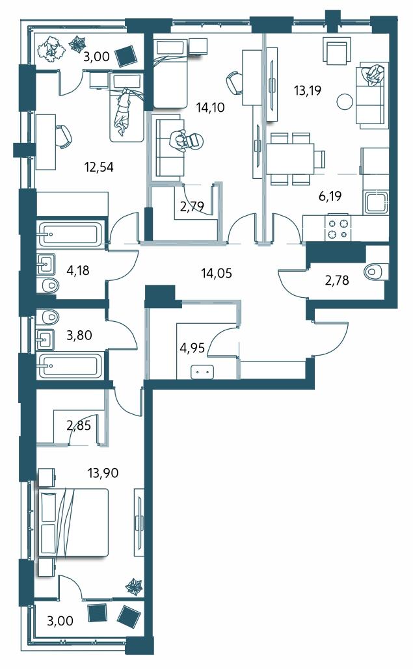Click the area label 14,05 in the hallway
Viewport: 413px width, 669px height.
[217, 272]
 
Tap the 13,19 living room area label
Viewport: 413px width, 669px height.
[307, 90]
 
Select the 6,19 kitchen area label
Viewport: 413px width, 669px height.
[330, 196]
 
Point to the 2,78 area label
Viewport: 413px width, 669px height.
[337, 280]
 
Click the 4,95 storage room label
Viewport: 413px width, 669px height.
[193, 348]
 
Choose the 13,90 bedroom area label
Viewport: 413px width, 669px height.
[103, 473]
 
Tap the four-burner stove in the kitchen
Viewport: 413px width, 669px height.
[338, 228]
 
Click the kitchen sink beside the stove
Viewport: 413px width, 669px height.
[375, 203]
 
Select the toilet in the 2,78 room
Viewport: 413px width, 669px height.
[377, 272]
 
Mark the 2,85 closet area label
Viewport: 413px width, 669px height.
[79, 425]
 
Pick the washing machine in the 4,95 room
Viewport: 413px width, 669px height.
[203, 372]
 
